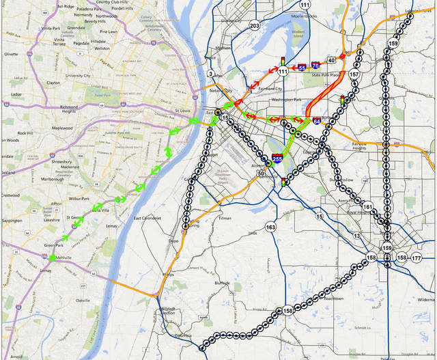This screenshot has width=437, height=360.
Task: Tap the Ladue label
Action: click(16, 94)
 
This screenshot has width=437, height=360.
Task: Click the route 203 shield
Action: click(255, 26)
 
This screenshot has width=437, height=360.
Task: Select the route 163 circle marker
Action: click(271, 227)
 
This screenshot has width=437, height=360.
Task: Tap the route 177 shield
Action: click(417, 258)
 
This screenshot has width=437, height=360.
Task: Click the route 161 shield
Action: click(368, 206)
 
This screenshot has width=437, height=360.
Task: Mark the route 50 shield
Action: click(261, 174)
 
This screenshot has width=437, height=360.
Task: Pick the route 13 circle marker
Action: click(357, 236)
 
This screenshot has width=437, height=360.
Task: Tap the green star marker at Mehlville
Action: click(53, 258)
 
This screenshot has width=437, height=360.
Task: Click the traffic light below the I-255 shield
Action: click(283, 182)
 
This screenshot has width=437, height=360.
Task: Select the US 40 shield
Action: click(331, 59)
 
